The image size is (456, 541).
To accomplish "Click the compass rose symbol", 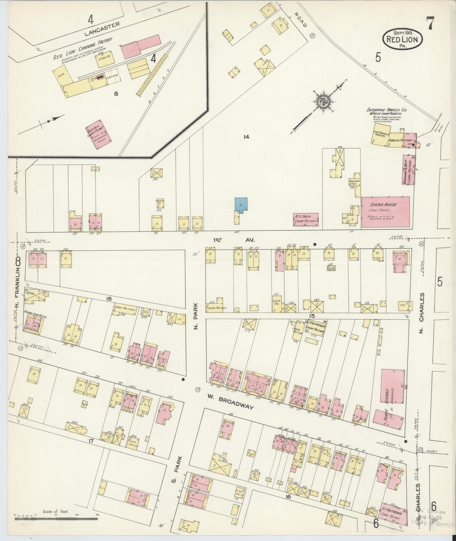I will point(323,102).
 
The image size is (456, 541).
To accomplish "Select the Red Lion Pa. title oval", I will point(402,38).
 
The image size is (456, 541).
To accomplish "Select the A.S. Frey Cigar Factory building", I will point(306,219).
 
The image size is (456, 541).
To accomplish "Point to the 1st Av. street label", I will point(234,240).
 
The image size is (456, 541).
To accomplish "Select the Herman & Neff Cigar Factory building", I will point(408,170).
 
